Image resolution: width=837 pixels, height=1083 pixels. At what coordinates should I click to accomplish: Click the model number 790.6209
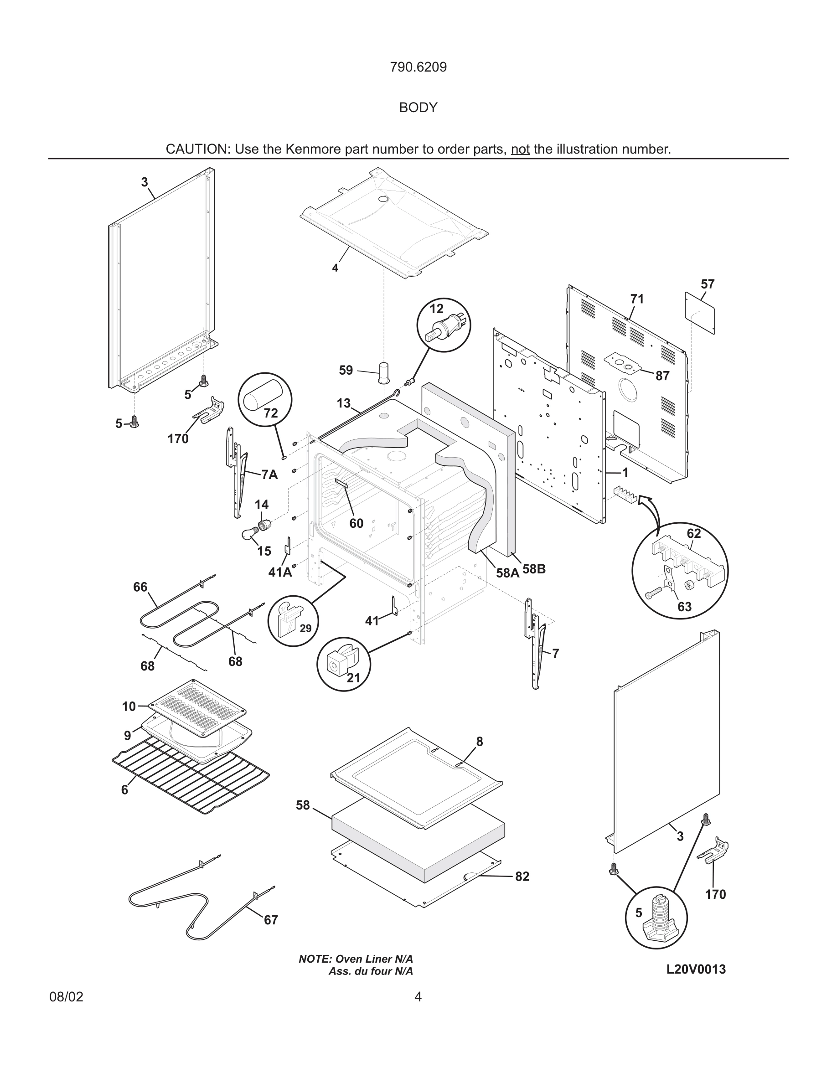418,67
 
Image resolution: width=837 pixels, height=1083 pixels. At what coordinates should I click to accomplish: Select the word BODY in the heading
418,108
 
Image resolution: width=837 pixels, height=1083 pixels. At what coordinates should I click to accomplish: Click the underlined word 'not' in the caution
520,149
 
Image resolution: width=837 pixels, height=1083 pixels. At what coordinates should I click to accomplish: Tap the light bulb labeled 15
248,534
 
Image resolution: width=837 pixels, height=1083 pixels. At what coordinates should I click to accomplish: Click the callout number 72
271,413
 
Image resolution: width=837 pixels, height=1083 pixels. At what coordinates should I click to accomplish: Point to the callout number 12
436,309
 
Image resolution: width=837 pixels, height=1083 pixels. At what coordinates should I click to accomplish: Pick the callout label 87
662,376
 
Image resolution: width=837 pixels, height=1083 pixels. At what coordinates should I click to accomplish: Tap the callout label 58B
534,569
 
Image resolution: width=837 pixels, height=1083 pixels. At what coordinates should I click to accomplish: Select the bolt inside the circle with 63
655,592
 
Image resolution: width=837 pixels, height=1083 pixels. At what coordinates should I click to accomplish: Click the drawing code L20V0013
696,970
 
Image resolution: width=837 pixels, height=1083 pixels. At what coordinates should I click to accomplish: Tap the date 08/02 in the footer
67,997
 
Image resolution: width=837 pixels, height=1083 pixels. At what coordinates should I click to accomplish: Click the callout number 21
353,678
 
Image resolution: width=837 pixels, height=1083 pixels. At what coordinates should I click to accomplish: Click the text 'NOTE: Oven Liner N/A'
356,959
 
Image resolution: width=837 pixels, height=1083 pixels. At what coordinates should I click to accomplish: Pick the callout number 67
271,920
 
